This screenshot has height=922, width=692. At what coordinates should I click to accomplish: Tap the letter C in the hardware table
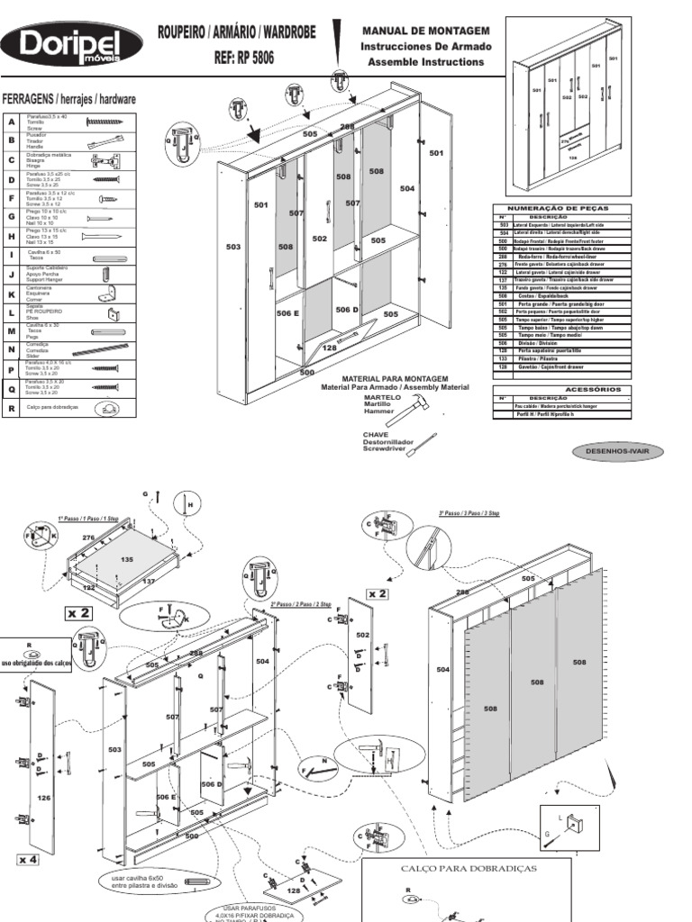[x=12, y=161]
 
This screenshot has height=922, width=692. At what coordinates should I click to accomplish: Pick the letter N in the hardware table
[x=12, y=349]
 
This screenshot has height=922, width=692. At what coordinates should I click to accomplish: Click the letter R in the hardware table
[x=12, y=407]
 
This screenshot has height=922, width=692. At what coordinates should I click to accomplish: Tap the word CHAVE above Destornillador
[x=376, y=433]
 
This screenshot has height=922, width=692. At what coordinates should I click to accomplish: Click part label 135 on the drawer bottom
[x=126, y=559]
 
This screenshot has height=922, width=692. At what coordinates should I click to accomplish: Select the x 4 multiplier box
[x=27, y=860]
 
